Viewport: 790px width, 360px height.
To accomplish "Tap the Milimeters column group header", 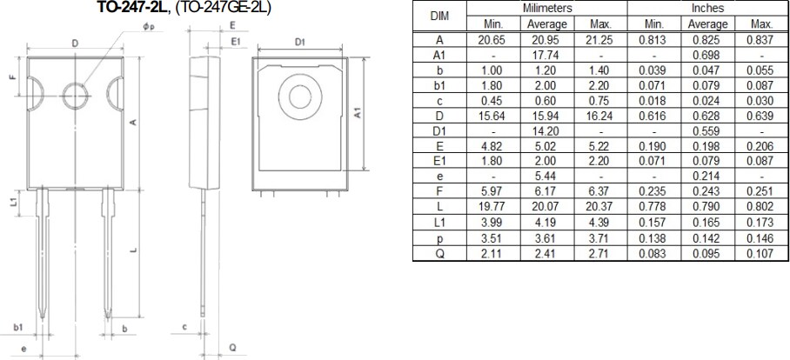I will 546,8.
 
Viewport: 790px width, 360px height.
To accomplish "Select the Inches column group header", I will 706,8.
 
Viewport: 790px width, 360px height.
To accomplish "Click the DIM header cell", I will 439,17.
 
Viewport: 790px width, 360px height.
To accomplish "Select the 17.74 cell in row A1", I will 546,54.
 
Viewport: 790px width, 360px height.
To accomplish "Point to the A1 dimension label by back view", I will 380,113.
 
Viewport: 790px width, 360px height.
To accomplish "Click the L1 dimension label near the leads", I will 13,202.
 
